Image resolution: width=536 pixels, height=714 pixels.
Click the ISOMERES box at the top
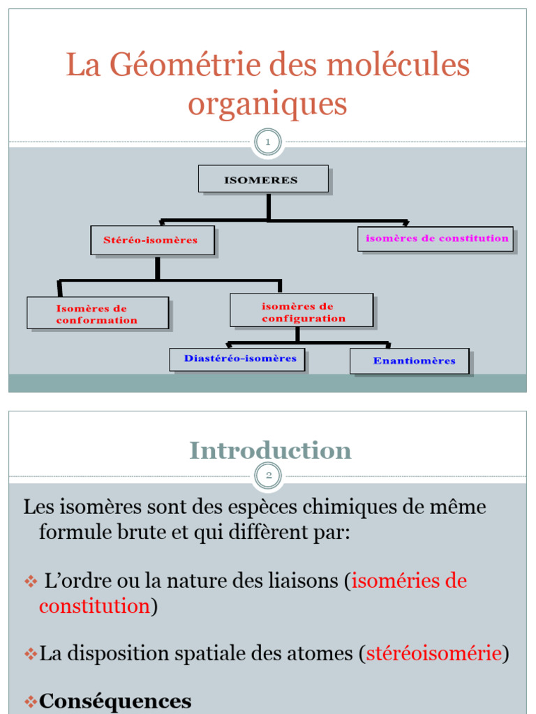[262, 179]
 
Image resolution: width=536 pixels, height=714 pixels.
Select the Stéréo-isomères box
[151, 240]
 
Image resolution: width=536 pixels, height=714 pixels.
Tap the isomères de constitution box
[436, 238]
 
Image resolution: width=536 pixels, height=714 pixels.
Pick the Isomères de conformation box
[98, 313]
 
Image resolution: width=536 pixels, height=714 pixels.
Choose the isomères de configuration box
[301, 310]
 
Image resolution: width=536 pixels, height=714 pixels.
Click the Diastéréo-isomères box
[237, 359]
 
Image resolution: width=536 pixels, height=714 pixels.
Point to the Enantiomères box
[409, 361]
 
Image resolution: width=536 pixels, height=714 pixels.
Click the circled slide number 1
[268, 143]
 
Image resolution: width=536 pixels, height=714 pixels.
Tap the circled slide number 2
[268, 476]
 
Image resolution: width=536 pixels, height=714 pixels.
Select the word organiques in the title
[268, 105]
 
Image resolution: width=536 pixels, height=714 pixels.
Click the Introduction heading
[271, 450]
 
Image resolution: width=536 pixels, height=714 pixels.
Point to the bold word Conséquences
[115, 701]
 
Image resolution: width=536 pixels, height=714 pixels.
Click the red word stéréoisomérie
[433, 653]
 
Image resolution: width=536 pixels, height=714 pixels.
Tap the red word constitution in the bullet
[94, 606]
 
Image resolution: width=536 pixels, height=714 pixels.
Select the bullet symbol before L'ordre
[30, 582]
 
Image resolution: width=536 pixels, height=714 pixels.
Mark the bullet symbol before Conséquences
[30, 701]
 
